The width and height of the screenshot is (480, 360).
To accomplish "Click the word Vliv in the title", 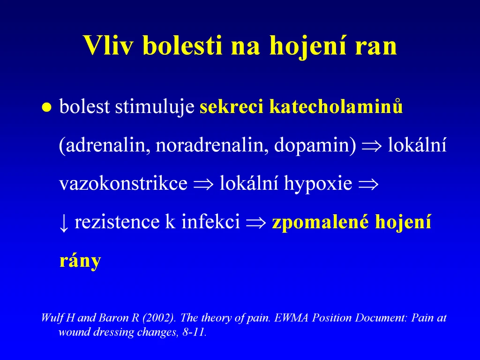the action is [x=109, y=45].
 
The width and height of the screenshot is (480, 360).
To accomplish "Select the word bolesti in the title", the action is [x=182, y=45].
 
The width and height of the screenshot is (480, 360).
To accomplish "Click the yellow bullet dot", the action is [x=46, y=107].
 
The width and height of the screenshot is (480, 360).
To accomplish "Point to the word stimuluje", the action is [x=155, y=107].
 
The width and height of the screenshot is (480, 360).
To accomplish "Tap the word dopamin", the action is [x=312, y=145].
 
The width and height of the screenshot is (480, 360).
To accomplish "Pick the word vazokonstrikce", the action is [x=123, y=183].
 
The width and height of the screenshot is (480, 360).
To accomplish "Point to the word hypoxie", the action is [x=318, y=184].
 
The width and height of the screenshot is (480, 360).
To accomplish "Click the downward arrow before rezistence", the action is [x=63, y=223].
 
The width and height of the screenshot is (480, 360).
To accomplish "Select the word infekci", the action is [x=210, y=221].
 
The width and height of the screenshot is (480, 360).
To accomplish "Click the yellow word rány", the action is [x=80, y=261].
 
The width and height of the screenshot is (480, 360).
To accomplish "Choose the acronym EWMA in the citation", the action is [x=292, y=318].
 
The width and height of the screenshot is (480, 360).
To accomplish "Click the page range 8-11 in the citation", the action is [x=194, y=332].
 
